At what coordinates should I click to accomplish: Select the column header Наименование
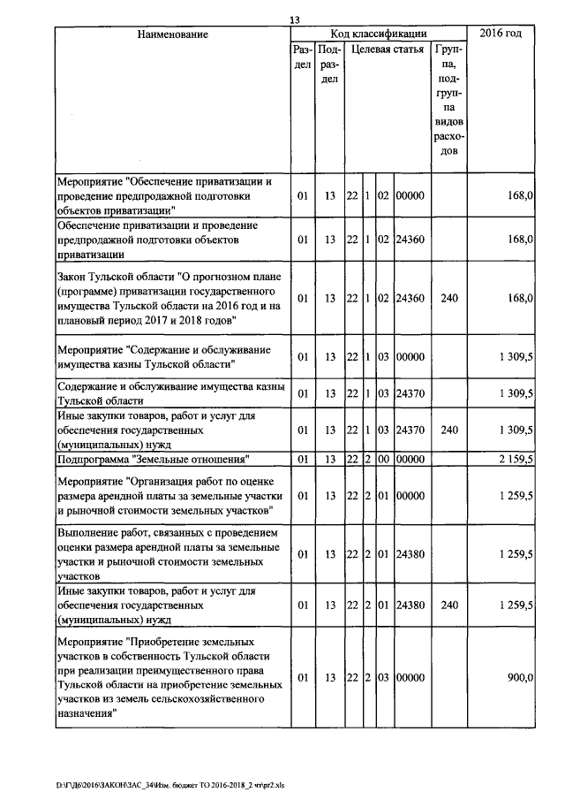pyautogui.click(x=172, y=34)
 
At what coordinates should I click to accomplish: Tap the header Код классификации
pyautogui.click(x=378, y=34)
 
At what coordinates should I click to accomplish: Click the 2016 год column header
pyautogui.click(x=501, y=34)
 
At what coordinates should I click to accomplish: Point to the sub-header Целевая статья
pyautogui.click(x=387, y=50)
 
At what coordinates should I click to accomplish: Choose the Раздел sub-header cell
pyautogui.click(x=302, y=57)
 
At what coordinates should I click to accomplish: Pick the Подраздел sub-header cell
pyautogui.click(x=329, y=65)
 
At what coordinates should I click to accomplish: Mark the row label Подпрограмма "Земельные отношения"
pyautogui.click(x=151, y=459)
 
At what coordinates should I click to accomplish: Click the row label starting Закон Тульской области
pyautogui.click(x=169, y=299)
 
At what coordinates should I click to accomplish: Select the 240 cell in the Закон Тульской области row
pyautogui.click(x=448, y=299)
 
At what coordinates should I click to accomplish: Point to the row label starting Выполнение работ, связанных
pyautogui.click(x=167, y=554)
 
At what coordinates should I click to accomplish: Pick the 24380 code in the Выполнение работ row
pyautogui.click(x=411, y=554)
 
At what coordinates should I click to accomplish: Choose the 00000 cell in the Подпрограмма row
pyautogui.click(x=411, y=459)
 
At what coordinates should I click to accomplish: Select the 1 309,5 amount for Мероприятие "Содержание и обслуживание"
pyautogui.click(x=515, y=357)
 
